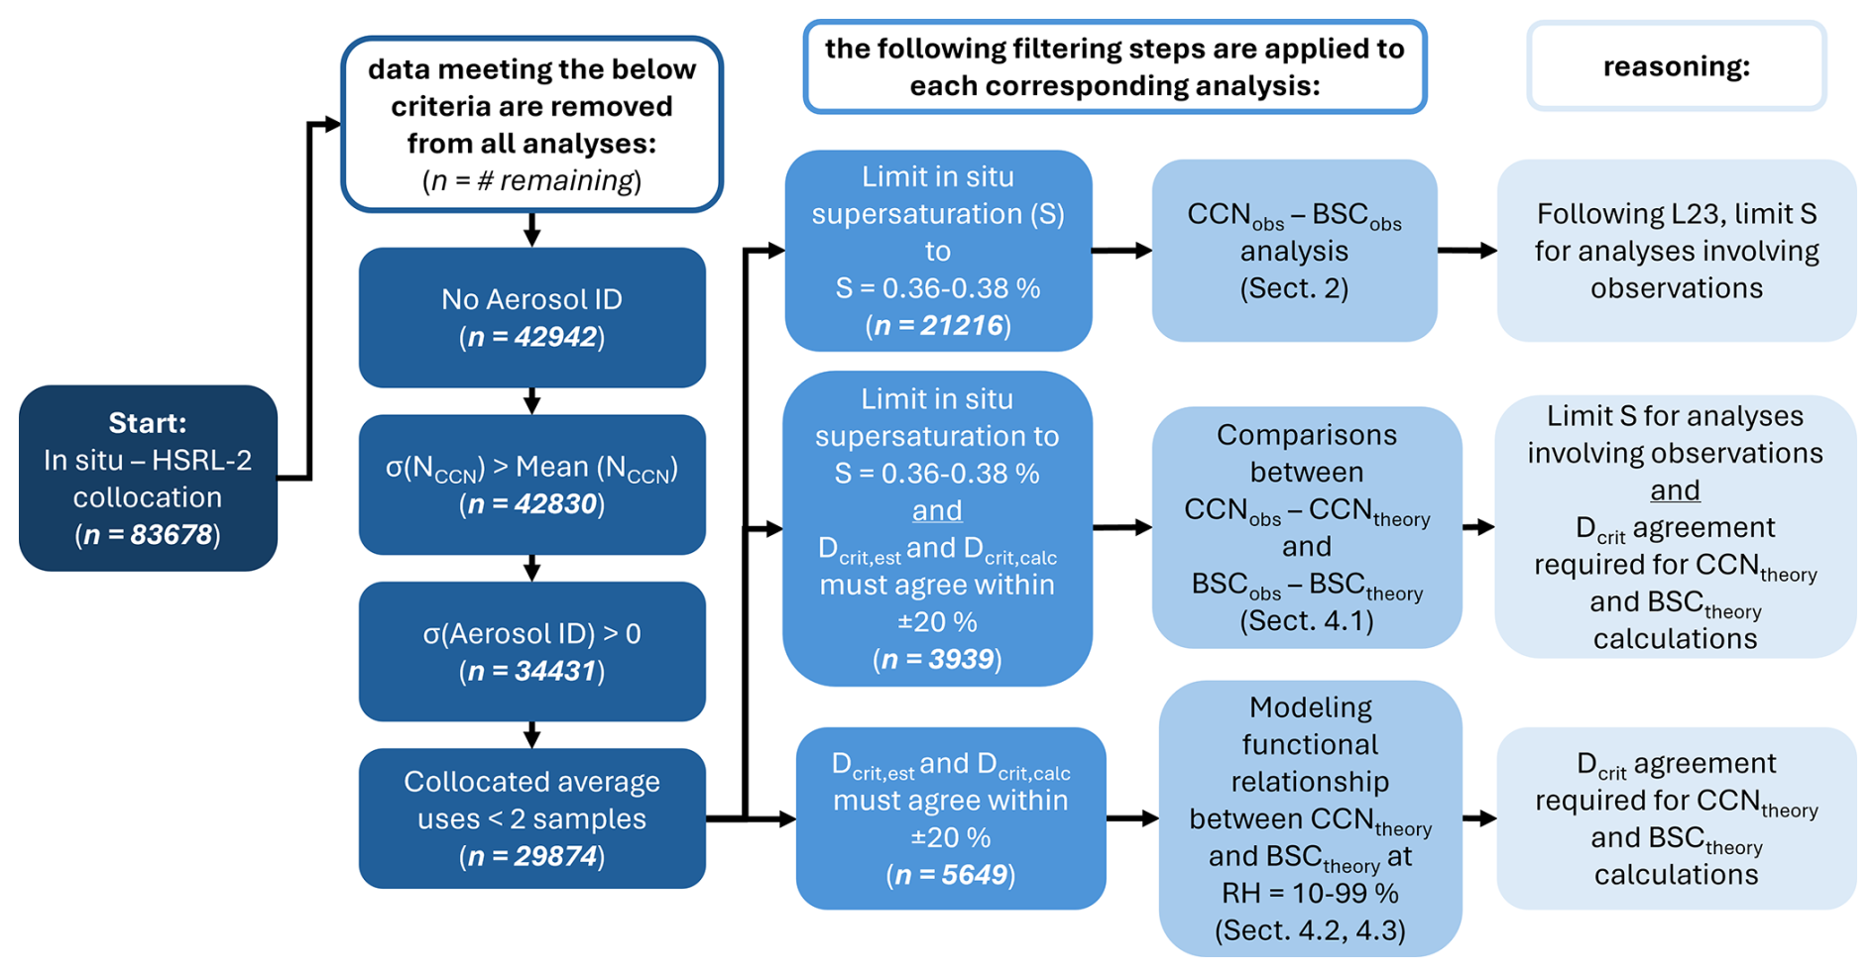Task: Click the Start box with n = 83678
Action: tap(148, 478)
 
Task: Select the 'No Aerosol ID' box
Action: tap(531, 317)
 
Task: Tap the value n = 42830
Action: tap(531, 504)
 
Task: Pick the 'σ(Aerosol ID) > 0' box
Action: tap(531, 651)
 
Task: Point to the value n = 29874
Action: tap(531, 856)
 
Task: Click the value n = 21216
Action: tap(938, 326)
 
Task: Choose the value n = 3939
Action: tap(937, 660)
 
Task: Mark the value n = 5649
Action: tap(950, 875)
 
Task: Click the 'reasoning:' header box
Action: tap(1676, 66)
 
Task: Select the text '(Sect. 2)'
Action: tap(1294, 288)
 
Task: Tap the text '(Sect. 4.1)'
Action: tap(1306, 621)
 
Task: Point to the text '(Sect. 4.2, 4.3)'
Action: tap(1310, 930)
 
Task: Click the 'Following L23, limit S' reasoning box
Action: tap(1676, 251)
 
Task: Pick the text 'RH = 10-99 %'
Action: tap(1310, 893)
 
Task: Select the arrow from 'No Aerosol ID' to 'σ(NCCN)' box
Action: tap(531, 400)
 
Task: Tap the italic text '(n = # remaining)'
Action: tap(531, 180)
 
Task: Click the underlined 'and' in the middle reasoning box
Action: tap(1675, 490)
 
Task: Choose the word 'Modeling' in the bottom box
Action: tap(1310, 707)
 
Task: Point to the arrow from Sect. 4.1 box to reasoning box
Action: tap(1477, 527)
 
